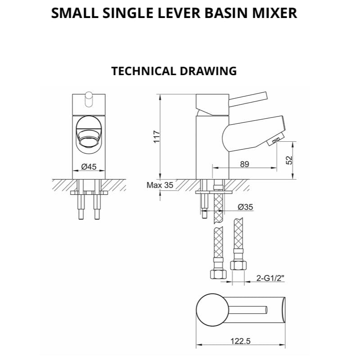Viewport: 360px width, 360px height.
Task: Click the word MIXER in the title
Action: [x=274, y=13]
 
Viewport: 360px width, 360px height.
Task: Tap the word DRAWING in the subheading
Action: [x=208, y=71]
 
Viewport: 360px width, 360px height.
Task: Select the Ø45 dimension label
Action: [x=89, y=166]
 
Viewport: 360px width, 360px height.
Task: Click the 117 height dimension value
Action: [x=157, y=137]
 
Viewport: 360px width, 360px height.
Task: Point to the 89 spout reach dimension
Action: [x=244, y=164]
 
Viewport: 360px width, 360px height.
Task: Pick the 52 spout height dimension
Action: [x=289, y=160]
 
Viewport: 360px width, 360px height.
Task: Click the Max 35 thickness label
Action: [x=160, y=185]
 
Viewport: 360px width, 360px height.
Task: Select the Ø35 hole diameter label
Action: [x=245, y=207]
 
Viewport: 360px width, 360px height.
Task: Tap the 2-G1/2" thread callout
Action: [x=270, y=278]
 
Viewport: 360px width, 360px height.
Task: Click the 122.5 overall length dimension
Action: [x=241, y=341]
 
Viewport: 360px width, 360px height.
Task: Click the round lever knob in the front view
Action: [x=89, y=99]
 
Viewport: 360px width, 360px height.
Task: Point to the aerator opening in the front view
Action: [x=89, y=140]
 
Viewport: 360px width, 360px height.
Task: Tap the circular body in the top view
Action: [x=212, y=310]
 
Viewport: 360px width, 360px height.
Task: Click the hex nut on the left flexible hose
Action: [x=218, y=274]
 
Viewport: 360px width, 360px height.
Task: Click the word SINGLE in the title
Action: [x=127, y=13]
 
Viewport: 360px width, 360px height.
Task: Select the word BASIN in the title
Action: [x=226, y=13]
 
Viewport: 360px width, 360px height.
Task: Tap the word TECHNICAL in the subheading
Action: [x=144, y=71]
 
